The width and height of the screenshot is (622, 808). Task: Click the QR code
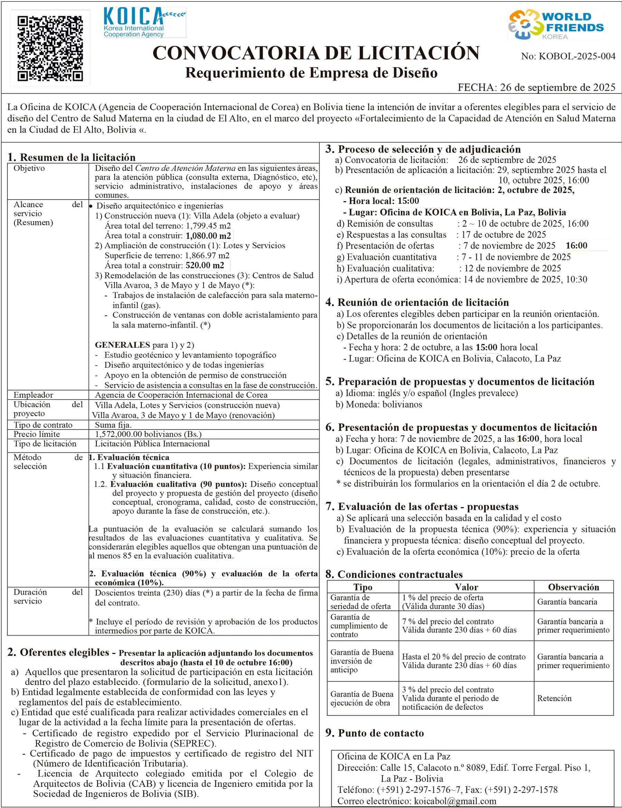click(50, 48)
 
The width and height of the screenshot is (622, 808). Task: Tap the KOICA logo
click(144, 22)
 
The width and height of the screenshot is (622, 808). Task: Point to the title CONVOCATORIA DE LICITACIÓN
click(316, 53)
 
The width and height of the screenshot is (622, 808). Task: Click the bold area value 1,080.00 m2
click(208, 235)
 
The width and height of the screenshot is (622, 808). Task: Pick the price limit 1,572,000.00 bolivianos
click(148, 434)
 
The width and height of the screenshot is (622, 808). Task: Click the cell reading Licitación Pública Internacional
click(152, 444)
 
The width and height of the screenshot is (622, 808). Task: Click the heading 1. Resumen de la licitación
click(72, 157)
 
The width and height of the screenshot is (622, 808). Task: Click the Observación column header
click(573, 587)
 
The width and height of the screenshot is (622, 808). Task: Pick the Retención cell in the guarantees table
click(554, 698)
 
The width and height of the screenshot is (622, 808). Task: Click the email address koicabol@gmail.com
click(455, 801)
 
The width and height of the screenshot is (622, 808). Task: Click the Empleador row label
click(33, 395)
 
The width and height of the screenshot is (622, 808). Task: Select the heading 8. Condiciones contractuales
click(394, 574)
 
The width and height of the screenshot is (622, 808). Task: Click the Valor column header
click(466, 587)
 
